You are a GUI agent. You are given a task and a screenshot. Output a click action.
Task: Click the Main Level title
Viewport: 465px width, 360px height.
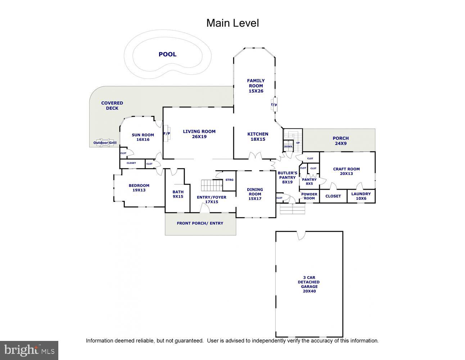[232, 23]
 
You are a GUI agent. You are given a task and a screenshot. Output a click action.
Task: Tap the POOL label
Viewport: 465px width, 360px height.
[168, 54]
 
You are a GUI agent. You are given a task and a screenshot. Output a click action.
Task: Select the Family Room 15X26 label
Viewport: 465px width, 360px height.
[256, 86]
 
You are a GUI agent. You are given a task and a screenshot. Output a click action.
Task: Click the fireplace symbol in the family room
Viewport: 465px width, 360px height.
[274, 104]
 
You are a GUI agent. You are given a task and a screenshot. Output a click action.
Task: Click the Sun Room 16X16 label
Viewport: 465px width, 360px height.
[143, 137]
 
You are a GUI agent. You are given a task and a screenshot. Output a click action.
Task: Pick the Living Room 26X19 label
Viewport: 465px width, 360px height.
[199, 134]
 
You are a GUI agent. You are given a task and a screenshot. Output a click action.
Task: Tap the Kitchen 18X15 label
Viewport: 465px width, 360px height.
[258, 136]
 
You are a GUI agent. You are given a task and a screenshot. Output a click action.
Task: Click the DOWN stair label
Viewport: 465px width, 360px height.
[288, 147]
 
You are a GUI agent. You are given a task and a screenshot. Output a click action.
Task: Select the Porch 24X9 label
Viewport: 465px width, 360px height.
[341, 141]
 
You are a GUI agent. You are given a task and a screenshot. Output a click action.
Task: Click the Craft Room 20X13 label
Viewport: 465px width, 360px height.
[347, 171]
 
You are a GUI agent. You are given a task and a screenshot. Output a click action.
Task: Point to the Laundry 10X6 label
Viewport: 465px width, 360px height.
[361, 196]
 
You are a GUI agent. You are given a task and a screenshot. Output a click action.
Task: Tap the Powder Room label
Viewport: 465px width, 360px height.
[309, 196]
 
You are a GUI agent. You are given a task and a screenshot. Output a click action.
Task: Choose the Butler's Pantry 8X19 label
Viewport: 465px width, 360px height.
[288, 177]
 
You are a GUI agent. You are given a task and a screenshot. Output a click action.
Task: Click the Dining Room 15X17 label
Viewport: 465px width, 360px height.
[255, 194]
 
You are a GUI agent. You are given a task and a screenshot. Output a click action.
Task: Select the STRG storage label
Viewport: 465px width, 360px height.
[229, 180]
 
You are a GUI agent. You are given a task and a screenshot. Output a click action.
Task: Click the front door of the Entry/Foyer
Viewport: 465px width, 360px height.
[205, 208]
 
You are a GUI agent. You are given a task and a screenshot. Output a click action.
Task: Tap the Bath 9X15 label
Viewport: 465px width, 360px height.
[178, 194]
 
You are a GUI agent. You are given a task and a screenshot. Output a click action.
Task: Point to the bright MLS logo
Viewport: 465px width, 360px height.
[29, 350]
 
